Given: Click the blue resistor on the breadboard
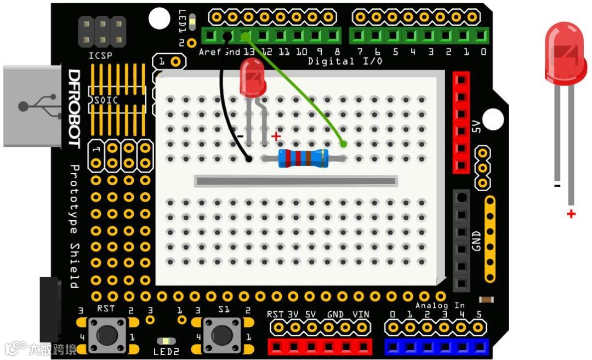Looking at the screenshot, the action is pos(303,158).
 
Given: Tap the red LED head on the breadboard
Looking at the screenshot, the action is pos(252,77).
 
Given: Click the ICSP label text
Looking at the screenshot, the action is pos(100,55).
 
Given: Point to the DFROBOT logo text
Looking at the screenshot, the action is pos(74,109).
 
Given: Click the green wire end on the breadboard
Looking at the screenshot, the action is pos(344,145).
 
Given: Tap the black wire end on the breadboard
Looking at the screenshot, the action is pos(248,159).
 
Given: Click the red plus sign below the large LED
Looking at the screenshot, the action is pos(572,214).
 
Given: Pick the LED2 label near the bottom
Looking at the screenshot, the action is pos(166,352).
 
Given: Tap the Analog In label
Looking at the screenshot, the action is pos(440,305).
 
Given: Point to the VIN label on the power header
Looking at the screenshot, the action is pos(361,314).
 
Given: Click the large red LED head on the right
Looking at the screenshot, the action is pos(565,53).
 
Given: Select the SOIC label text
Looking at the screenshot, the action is pos(106,100).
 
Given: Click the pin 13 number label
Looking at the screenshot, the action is pos(249,52).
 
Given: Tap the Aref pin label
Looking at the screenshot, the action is pos(210,52).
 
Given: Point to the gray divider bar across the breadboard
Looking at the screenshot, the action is pos(296,181).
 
